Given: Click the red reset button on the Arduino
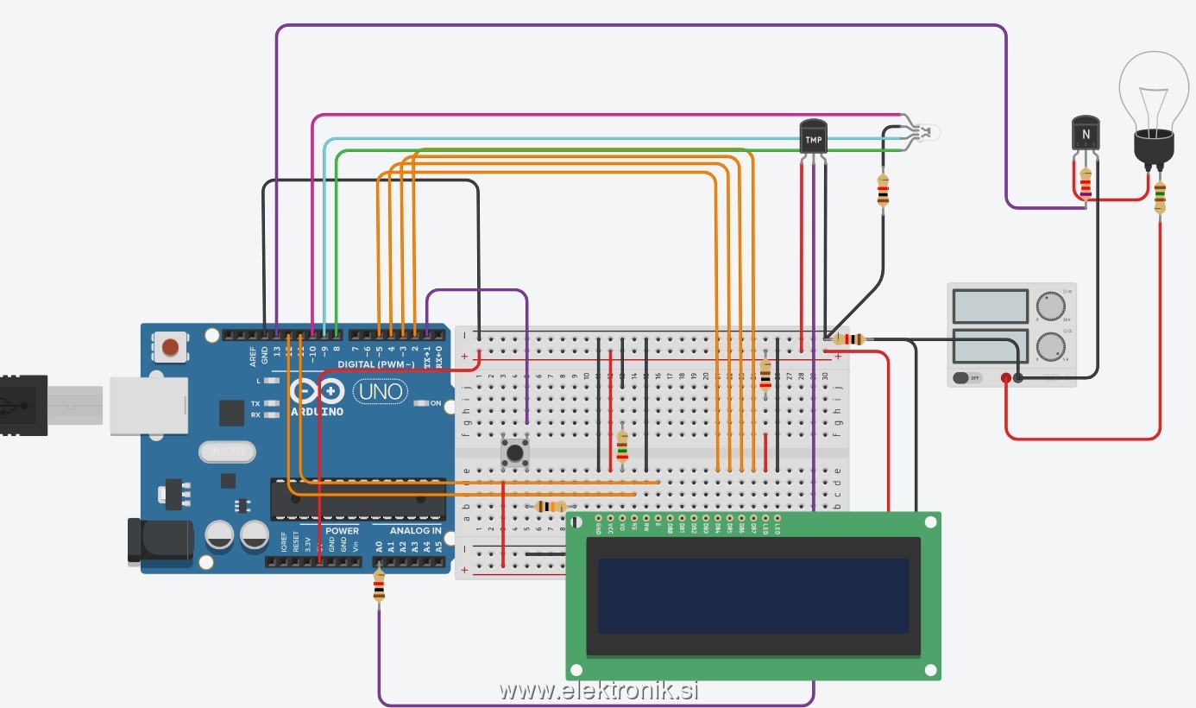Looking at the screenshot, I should pos(170,347).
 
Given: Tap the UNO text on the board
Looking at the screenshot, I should pos(381,391).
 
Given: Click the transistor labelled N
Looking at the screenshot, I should pos(1086,134).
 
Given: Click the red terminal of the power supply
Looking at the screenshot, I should pos(1006,377).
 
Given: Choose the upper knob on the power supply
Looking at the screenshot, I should pos(1050,307).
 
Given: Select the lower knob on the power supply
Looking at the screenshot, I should pos(1050,347).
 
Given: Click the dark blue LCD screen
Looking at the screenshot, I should pos(753,596).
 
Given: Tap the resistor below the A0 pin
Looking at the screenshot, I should pos(379,588).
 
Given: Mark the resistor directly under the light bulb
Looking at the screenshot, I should pos(1160,197).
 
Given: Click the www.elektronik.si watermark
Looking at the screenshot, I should pos(598,691).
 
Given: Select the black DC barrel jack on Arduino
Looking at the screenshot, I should pos(160,540).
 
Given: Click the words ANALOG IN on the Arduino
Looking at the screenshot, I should pos(416,531).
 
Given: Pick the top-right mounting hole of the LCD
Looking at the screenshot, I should pos(929,522).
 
